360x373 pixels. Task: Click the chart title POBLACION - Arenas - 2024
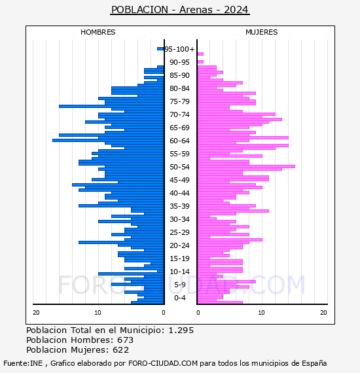pos(180,10)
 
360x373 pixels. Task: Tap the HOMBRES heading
pos(98,32)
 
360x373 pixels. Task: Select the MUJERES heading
pos(262,32)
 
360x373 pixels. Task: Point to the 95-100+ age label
pos(179,49)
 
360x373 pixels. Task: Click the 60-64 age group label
pos(179,141)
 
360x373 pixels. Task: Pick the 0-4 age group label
pos(180,298)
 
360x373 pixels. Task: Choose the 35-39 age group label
pos(179,206)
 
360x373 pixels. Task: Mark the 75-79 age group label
pos(179,101)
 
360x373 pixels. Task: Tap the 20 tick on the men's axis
pos(36,313)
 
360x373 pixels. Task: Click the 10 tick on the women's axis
pos(262,313)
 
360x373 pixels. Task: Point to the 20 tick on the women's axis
pos(323,313)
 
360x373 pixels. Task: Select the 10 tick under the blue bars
pos(98,313)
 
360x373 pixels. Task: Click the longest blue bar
pos(108,140)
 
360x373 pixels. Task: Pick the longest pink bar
pos(246,166)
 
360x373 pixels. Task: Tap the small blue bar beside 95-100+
pos(160,49)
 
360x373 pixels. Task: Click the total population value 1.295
pos(181,330)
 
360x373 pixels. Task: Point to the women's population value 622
pos(120,350)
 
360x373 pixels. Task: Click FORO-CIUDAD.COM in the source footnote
pos(163,363)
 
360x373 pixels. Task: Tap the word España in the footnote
pos(314,363)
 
